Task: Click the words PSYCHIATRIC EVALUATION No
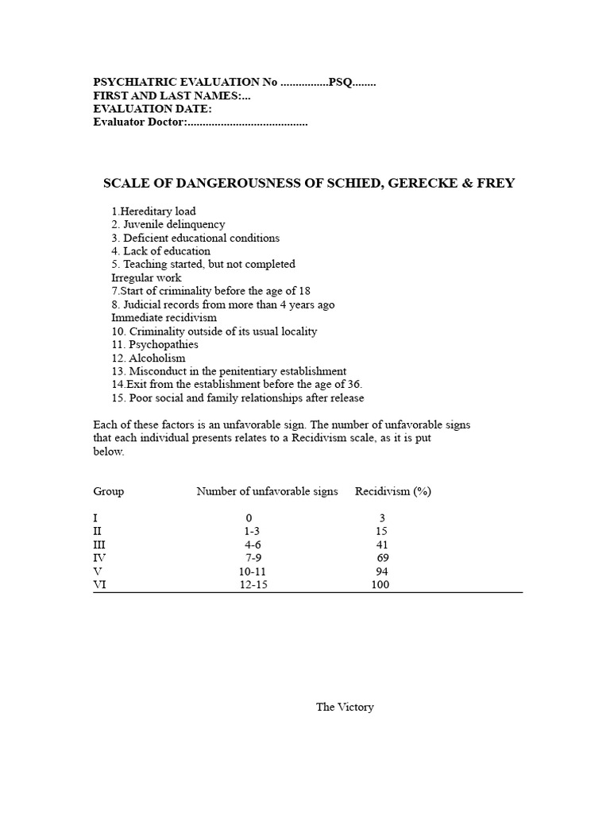point(186,82)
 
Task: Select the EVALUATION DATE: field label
point(152,109)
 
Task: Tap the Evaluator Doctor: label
point(139,122)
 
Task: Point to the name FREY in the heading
point(496,184)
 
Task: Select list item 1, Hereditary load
point(154,211)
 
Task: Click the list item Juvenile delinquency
point(168,225)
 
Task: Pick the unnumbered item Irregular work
point(146,278)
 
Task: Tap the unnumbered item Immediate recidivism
point(164,318)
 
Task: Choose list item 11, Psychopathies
point(155,345)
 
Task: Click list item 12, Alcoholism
point(149,359)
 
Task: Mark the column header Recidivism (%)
point(393,491)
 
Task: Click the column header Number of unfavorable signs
point(267,491)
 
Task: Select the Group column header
point(109,491)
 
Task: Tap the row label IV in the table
point(99,558)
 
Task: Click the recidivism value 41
point(382,545)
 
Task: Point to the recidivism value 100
point(380,585)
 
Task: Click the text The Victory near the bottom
point(345,707)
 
